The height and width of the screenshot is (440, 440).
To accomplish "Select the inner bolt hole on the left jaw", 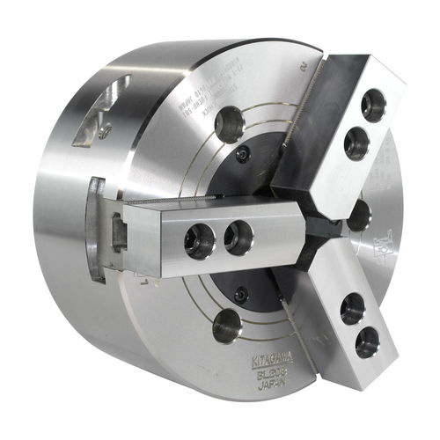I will [238, 237].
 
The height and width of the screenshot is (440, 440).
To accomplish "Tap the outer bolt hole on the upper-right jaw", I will [373, 106].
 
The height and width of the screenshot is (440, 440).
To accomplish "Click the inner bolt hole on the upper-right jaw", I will [356, 143].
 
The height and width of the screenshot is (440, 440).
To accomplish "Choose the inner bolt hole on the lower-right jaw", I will [352, 309].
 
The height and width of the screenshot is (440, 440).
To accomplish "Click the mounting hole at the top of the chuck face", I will [231, 124].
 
